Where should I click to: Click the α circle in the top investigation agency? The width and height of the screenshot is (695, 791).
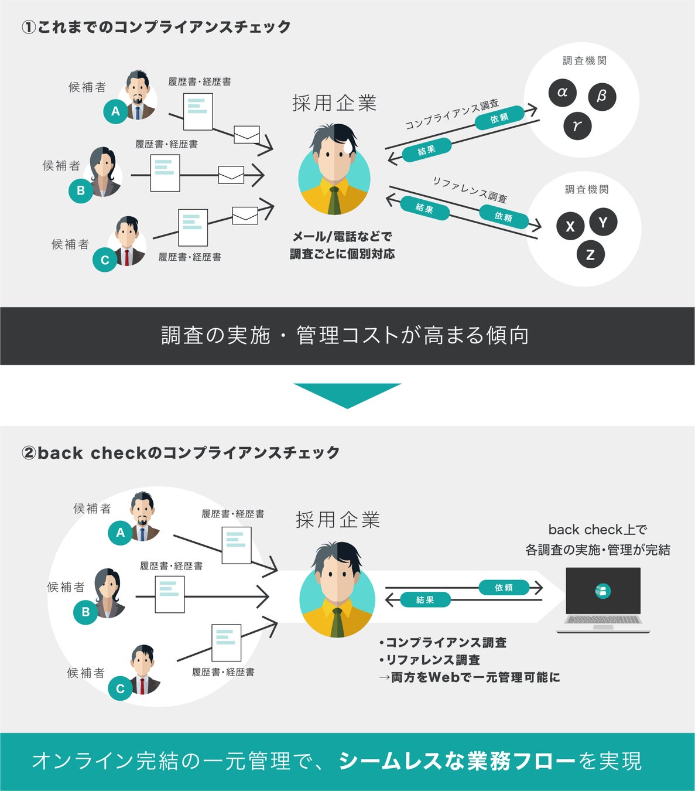coord(563,93)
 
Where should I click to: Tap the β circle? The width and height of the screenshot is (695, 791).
coord(602,96)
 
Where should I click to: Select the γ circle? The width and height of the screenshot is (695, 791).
coord(577,125)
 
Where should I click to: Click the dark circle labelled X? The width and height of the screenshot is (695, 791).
coord(570,227)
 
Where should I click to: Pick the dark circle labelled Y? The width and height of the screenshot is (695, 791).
coord(603,222)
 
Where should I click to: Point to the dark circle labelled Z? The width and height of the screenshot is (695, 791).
coord(590,254)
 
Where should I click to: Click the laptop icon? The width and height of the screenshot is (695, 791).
coord(603,599)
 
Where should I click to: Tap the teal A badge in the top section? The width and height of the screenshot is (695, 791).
coord(115,111)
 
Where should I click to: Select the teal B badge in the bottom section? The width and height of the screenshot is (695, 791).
coord(85,612)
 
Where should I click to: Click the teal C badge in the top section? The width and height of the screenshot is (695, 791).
coord(105,260)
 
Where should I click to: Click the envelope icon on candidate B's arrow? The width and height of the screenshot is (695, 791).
coord(231,175)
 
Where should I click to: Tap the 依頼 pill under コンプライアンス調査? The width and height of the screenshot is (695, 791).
coord(499,118)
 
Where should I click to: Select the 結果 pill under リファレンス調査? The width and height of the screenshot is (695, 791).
coord(424,207)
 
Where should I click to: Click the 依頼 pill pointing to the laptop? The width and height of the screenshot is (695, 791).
coord(504,587)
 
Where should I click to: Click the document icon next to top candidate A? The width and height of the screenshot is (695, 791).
coord(197,111)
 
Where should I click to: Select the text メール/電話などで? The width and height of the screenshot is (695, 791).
coord(343,236)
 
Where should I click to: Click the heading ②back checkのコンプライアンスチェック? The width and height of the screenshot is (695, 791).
coord(180,452)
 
